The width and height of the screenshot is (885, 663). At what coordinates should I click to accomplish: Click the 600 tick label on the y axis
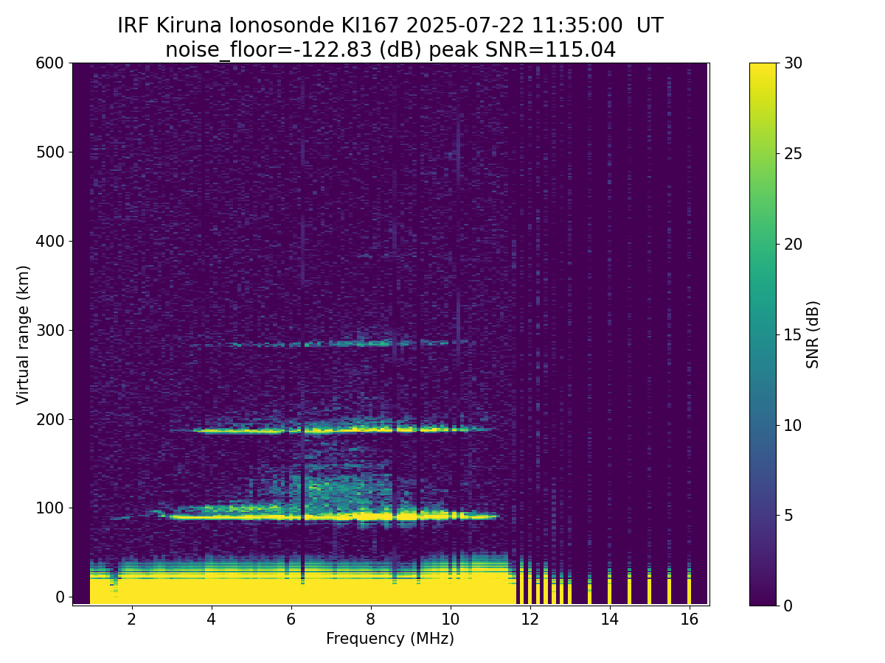(49, 63)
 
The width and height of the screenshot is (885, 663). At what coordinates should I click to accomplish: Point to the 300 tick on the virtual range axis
(70, 330)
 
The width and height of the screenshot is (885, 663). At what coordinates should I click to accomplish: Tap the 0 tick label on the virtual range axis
(60, 597)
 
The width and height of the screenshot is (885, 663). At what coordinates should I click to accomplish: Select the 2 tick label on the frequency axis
(132, 619)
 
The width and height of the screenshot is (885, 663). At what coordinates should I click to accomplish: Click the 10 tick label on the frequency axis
(451, 619)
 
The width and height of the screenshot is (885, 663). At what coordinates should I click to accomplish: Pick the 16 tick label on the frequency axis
(690, 619)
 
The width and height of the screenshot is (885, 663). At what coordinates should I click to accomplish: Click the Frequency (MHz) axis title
(390, 639)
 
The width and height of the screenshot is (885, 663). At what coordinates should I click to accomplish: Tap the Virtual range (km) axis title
(23, 335)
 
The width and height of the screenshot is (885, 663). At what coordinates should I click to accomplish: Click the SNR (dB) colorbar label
(812, 334)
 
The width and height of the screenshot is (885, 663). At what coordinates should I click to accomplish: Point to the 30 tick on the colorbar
(779, 63)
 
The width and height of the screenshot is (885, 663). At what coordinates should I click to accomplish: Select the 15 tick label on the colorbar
(793, 334)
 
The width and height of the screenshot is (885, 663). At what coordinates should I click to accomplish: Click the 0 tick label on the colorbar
(788, 606)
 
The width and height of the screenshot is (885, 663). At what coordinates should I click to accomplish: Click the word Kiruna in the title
(189, 26)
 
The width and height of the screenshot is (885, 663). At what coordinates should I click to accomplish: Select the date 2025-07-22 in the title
(465, 26)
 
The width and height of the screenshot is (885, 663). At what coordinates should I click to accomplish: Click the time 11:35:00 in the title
(577, 26)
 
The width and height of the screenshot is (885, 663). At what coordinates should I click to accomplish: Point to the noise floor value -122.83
(336, 50)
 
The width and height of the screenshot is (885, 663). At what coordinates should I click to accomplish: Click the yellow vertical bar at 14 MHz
(609, 591)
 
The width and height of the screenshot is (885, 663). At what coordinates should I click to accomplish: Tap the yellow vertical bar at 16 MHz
(689, 591)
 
